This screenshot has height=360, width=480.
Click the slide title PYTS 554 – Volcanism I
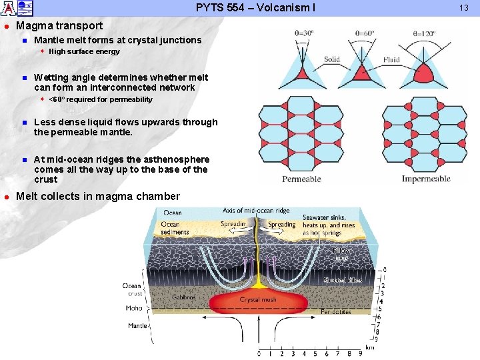click(255, 8)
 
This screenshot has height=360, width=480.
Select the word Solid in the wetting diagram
click(332, 60)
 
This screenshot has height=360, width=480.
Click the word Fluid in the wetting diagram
click(391, 60)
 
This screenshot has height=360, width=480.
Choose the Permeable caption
click(301, 179)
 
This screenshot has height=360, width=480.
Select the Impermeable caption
click(426, 179)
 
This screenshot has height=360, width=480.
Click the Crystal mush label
click(259, 300)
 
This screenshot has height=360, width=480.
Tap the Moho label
click(134, 309)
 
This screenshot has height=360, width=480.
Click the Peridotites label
click(336, 312)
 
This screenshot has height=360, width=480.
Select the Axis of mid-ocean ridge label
click(257, 211)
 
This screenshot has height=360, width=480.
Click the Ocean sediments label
click(175, 228)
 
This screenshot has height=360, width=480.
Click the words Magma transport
click(59, 26)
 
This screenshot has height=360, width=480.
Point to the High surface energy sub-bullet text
click(84, 51)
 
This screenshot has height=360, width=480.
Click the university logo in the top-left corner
click(17, 8)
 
